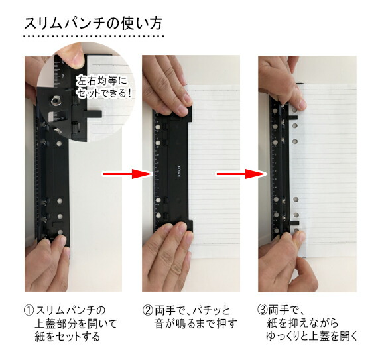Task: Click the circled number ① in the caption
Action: point(29,310)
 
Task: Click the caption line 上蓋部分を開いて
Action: point(72,324)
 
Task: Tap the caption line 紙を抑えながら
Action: point(308,324)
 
